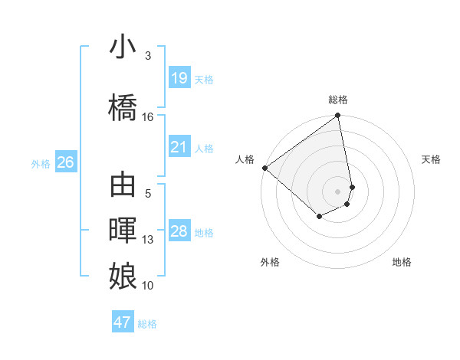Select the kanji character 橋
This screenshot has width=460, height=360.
(123, 107)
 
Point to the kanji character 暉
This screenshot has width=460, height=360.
(123, 231)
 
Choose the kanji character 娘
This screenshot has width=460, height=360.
(123, 275)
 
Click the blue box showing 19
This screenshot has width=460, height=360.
(179, 78)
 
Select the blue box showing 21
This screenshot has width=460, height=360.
(179, 147)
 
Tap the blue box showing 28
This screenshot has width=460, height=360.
(179, 231)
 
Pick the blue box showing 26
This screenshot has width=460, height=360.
(65, 162)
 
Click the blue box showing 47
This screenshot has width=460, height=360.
(123, 322)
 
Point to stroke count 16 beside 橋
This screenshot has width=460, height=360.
(148, 116)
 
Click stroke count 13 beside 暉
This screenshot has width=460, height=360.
(148, 240)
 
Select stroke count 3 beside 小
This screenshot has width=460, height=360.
(148, 56)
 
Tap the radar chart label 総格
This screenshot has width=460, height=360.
(338, 100)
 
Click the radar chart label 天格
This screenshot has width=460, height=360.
(432, 159)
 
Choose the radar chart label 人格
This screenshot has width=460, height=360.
(245, 159)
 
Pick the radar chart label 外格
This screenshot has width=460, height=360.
(270, 262)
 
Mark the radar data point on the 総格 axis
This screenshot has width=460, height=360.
(338, 116)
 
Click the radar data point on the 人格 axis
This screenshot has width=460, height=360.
(264, 168)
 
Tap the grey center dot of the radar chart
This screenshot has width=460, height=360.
(338, 191)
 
